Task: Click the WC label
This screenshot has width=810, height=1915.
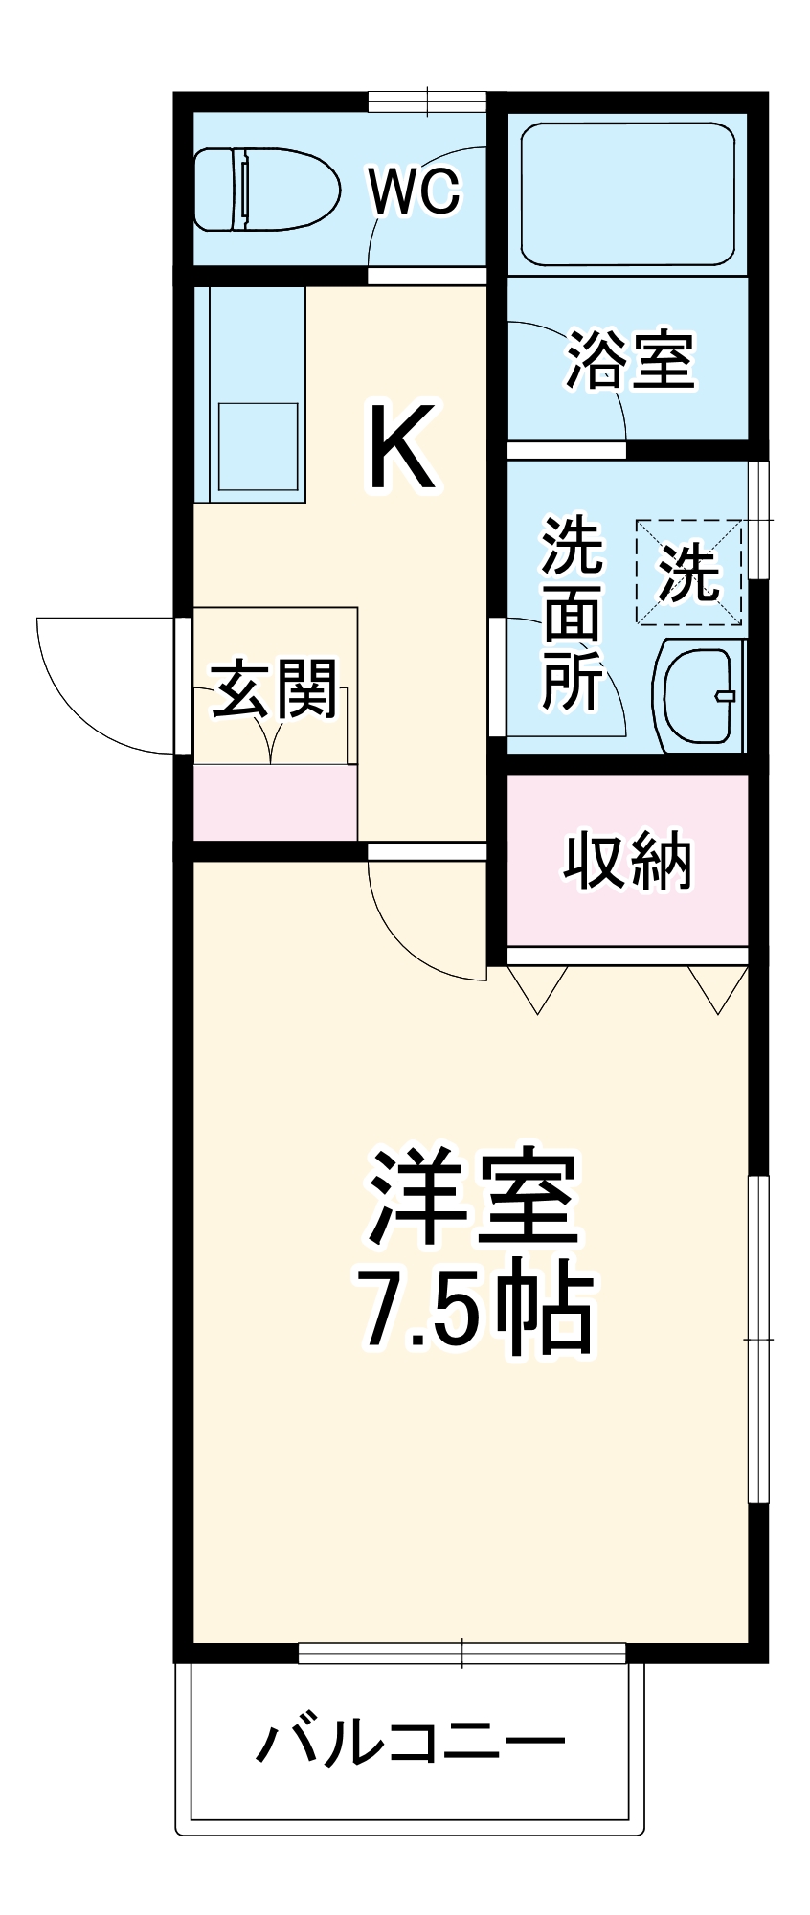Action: pyautogui.click(x=415, y=192)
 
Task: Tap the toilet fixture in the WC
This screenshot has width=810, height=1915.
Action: pyautogui.click(x=266, y=190)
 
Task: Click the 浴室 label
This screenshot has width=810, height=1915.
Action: pyautogui.click(x=629, y=361)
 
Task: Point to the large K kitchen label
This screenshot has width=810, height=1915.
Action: pyautogui.click(x=403, y=447)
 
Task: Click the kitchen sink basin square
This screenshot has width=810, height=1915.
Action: pyautogui.click(x=259, y=447)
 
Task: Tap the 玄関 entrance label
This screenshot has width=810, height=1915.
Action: pyautogui.click(x=274, y=688)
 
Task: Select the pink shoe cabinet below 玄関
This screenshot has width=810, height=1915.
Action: pyautogui.click(x=275, y=802)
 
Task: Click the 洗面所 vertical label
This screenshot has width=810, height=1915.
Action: pyautogui.click(x=572, y=614)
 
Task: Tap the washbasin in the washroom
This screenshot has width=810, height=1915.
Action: pyautogui.click(x=699, y=695)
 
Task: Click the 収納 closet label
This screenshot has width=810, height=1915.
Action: pyautogui.click(x=626, y=861)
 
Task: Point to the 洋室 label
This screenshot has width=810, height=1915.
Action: pyautogui.click(x=475, y=1198)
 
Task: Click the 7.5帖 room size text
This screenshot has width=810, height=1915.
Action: pyautogui.click(x=475, y=1309)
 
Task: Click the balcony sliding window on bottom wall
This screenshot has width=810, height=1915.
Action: pyautogui.click(x=461, y=1653)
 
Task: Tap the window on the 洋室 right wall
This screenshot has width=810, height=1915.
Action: pyautogui.click(x=759, y=1338)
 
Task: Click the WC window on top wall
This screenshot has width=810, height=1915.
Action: pyautogui.click(x=427, y=101)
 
